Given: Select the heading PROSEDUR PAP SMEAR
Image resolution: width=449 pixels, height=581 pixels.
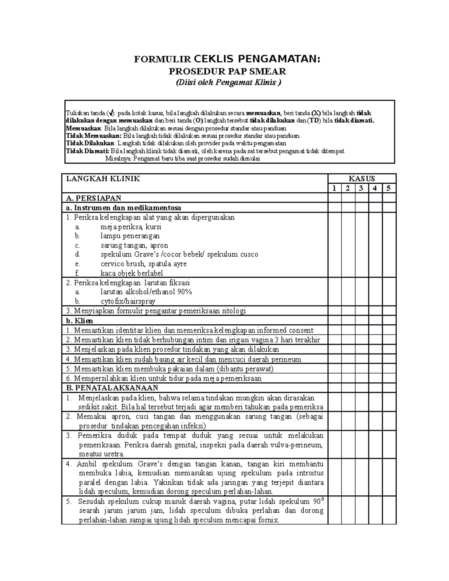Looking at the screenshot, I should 228,71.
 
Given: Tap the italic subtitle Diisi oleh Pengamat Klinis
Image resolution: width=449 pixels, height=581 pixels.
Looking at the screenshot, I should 228,83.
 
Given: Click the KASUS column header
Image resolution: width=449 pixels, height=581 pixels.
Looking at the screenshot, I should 362,179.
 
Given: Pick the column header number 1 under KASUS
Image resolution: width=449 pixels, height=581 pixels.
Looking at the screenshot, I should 335,188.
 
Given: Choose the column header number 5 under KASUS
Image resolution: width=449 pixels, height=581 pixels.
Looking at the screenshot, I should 389,188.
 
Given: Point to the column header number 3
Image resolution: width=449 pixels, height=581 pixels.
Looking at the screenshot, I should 361,188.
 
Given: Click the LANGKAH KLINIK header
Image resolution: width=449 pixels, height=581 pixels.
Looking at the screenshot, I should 103,179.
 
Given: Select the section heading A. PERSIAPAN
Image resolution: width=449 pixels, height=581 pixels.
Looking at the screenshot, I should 94,198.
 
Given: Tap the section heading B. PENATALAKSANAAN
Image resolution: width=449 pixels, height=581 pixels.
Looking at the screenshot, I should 112,388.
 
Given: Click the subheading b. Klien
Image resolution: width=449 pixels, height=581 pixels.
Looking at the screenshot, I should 80,321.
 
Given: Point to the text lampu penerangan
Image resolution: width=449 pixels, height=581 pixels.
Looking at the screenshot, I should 130,236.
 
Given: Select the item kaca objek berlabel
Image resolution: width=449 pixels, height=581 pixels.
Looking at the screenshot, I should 132,273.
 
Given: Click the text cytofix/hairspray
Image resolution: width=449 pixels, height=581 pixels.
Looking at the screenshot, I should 128,301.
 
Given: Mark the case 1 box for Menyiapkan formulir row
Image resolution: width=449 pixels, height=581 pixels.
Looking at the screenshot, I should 335,311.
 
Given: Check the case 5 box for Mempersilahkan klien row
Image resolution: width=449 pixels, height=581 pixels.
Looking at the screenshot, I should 389,378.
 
